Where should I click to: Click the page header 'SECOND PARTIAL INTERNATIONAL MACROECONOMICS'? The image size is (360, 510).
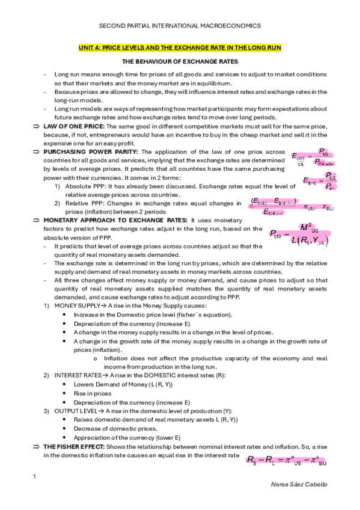[x=180, y=26]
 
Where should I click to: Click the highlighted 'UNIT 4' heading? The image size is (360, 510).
[x=180, y=47]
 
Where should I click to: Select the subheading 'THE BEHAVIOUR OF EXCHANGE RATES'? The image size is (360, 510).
[x=180, y=61]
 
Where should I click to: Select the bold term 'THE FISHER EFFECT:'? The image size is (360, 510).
[x=72, y=447]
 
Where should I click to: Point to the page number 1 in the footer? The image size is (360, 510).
[x=34, y=477]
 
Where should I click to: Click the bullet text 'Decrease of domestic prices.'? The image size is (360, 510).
[x=117, y=428]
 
